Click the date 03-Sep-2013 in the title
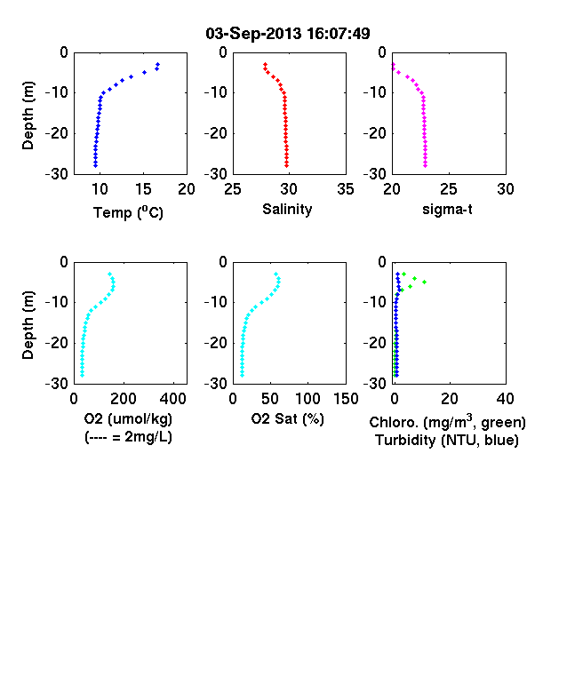coord(253,34)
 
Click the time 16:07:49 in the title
coord(339,34)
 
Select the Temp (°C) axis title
coord(128,212)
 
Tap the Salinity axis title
coord(287,209)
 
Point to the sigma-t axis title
coord(447,209)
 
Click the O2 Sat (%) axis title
coord(287,418)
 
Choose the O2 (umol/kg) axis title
coord(128,418)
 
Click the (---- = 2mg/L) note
coord(128,436)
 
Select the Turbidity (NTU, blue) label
coord(447,441)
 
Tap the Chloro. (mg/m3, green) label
coord(447,422)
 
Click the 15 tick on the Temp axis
coord(143,189)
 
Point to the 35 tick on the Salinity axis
coord(346,189)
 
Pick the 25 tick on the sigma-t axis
coord(448,189)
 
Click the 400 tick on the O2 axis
coord(173,399)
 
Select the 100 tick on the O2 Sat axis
coord(307,399)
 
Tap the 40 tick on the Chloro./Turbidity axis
coord(505,399)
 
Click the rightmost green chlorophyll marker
coord(424,282)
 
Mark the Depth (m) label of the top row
coord(28,115)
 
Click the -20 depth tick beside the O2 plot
coord(57,343)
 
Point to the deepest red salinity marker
coord(287,165)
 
